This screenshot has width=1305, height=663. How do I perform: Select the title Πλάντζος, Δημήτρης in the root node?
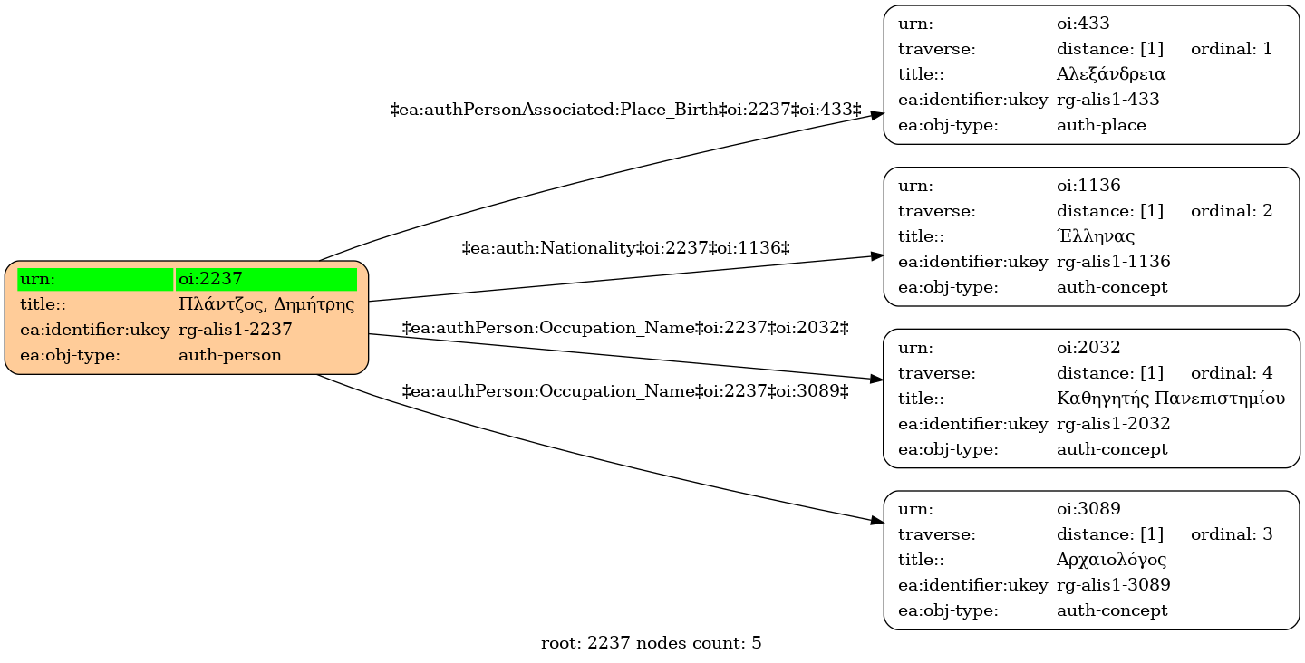266,304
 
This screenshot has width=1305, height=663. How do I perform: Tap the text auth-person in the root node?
230,355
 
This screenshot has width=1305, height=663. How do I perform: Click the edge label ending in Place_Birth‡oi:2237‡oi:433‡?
625,110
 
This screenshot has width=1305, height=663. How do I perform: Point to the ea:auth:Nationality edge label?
625,248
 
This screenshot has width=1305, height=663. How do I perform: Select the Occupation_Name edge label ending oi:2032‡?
625,328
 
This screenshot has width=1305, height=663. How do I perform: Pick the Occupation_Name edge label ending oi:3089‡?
625,391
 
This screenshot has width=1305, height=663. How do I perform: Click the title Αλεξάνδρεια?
1110,74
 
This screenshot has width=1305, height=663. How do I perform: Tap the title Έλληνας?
1096,235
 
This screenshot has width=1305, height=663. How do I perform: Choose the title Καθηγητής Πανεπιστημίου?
1171,399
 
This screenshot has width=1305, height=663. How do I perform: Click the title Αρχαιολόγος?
1111,560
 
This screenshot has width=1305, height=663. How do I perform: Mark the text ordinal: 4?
1231,372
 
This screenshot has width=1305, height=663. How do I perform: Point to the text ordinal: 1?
1231,49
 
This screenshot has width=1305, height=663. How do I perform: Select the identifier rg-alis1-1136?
1113,262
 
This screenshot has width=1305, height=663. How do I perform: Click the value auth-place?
1101,125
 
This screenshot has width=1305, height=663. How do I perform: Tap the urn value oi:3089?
1088,509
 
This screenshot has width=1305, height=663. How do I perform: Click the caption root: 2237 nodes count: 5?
651,643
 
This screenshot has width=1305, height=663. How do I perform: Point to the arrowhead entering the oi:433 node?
877,115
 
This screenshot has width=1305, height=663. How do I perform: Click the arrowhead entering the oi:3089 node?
877,521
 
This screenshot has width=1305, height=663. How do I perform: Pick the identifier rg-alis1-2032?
1113,423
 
